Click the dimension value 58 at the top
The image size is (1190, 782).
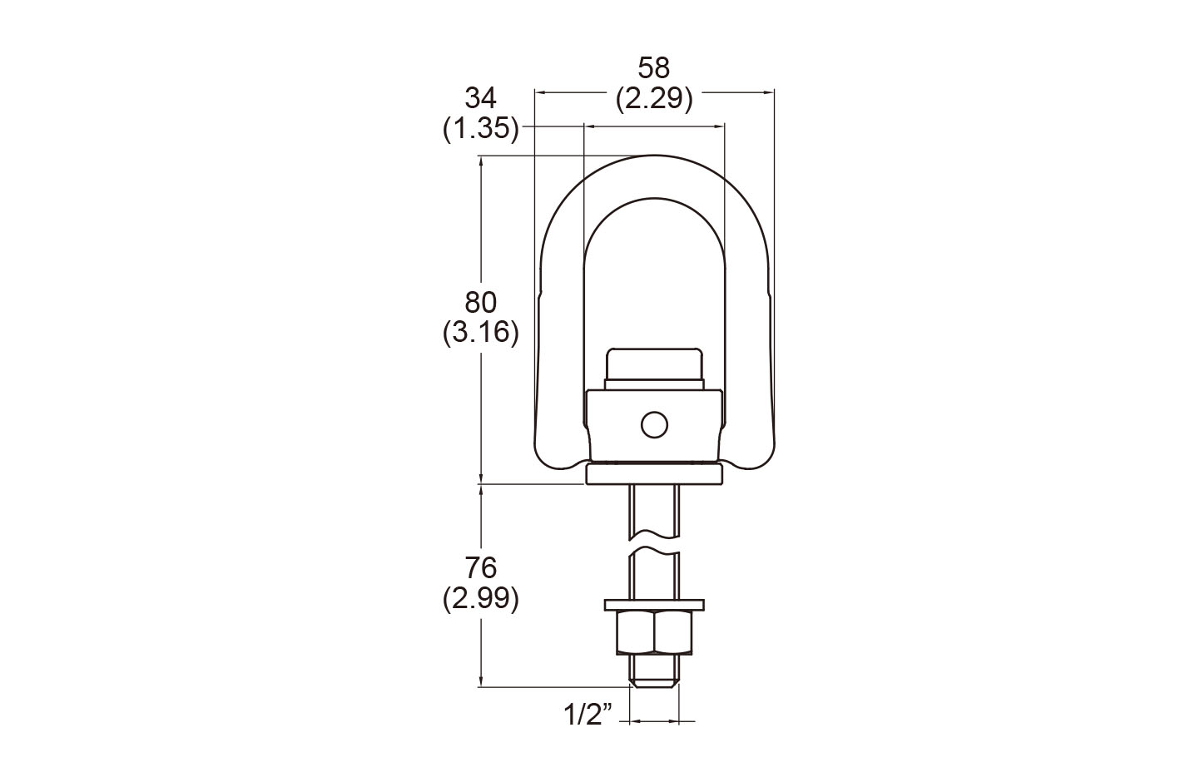pyautogui.click(x=653, y=67)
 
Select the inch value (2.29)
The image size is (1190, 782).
pyautogui.click(x=653, y=99)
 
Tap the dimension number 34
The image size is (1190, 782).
pyautogui.click(x=480, y=98)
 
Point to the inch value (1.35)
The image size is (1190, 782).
pyautogui.click(x=480, y=130)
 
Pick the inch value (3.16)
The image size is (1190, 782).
pyautogui.click(x=480, y=333)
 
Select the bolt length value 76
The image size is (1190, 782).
pyautogui.click(x=480, y=568)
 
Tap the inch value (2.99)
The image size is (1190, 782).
pyautogui.click(x=480, y=599)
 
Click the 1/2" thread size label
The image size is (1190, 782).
pyautogui.click(x=588, y=713)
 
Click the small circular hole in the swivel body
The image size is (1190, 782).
pyautogui.click(x=654, y=425)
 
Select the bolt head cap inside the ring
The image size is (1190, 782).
pyautogui.click(x=654, y=366)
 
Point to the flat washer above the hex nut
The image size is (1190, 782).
pyautogui.click(x=654, y=603)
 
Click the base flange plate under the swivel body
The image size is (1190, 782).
pyautogui.click(x=654, y=473)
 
